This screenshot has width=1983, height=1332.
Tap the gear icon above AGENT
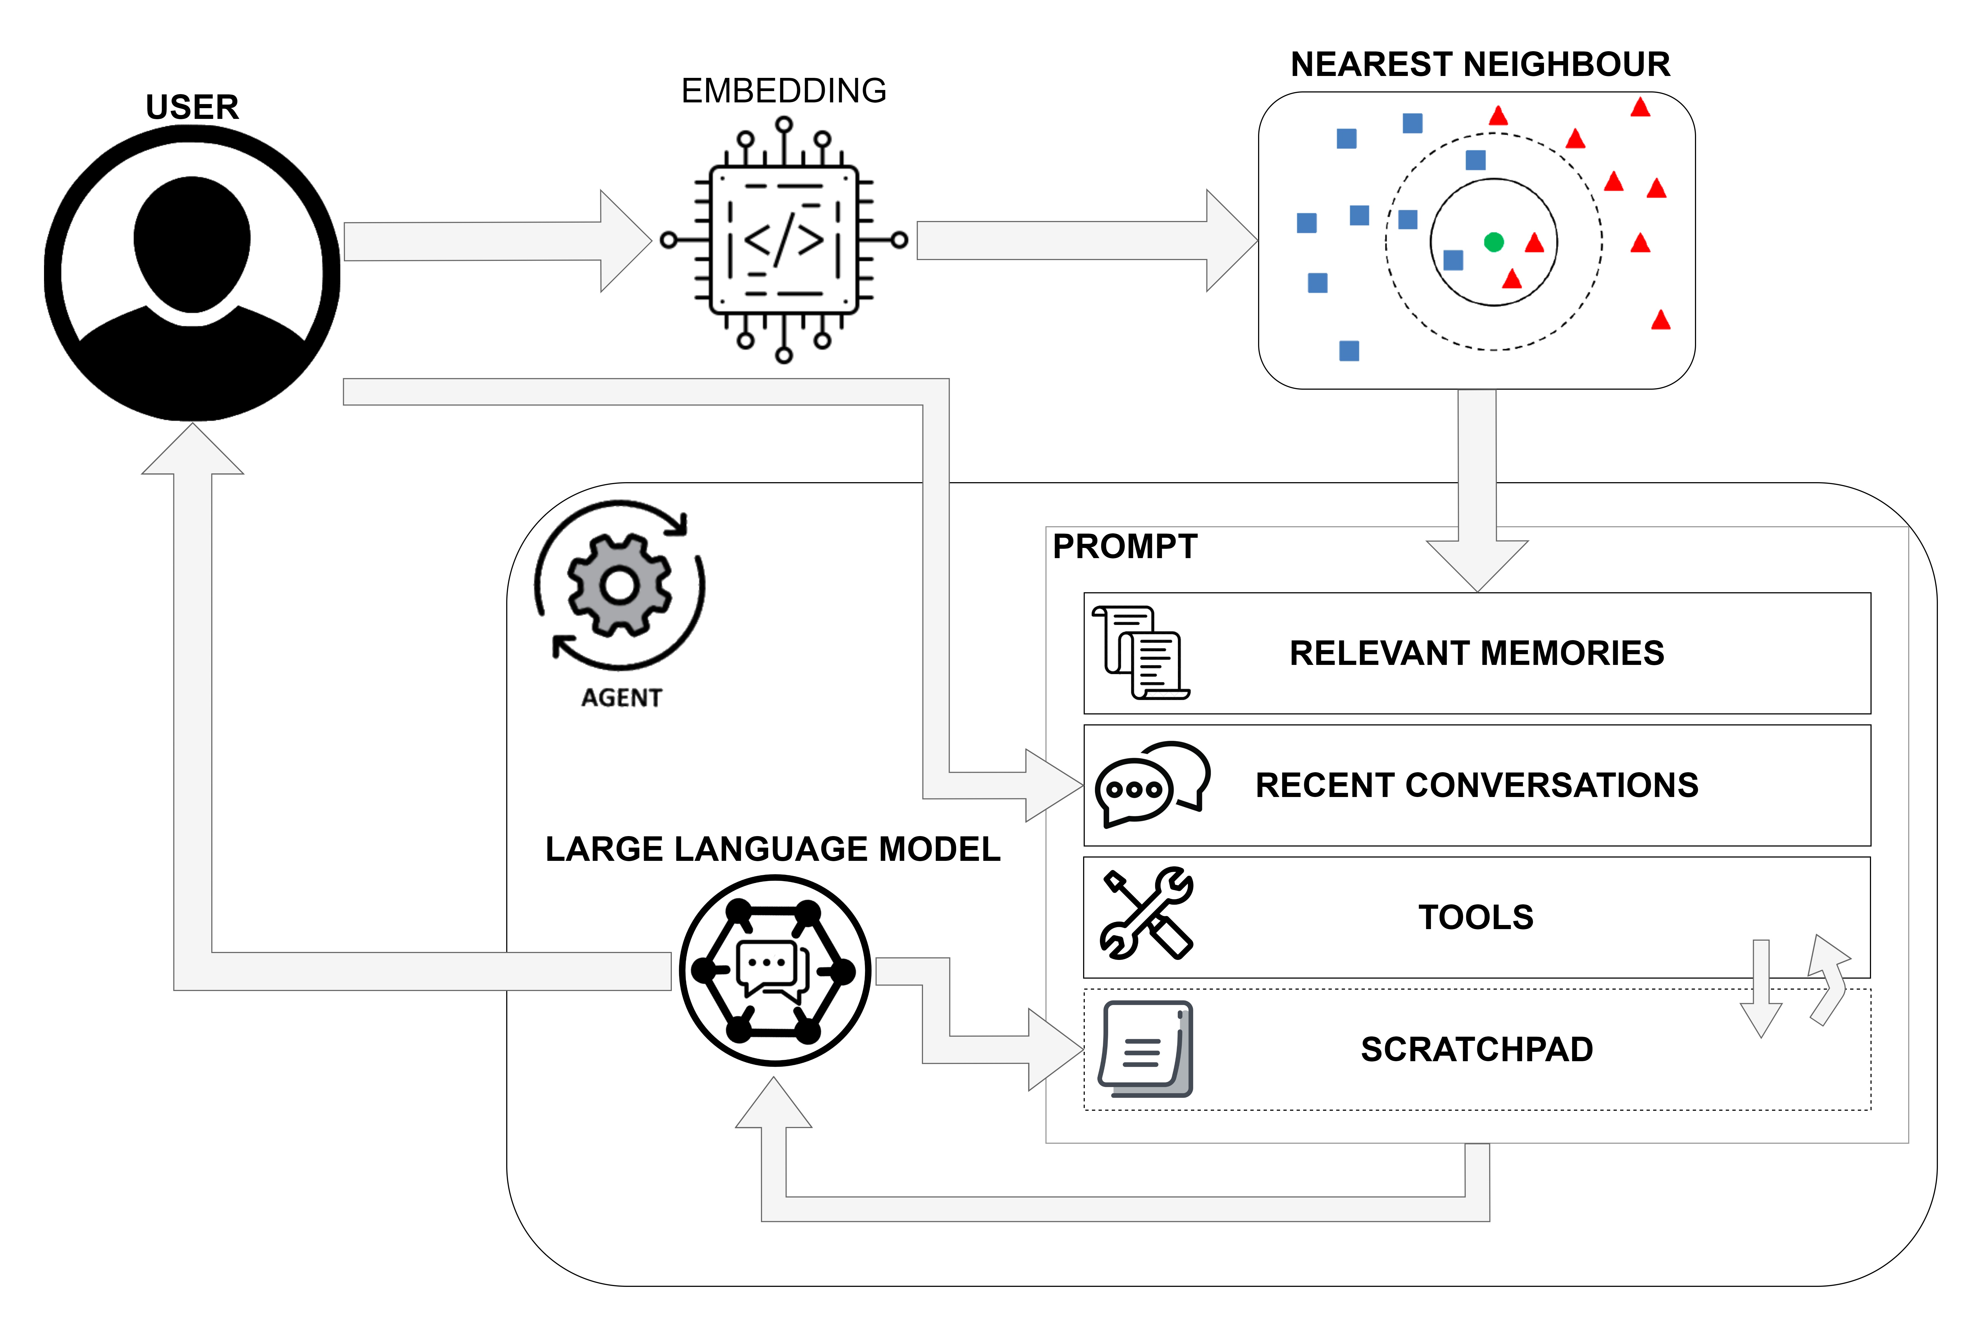point(620,585)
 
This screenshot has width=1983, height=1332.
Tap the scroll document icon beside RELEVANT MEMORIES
point(1141,653)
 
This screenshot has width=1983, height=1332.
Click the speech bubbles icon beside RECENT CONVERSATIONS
point(1152,783)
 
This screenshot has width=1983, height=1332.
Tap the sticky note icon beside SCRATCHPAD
point(1146,1049)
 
